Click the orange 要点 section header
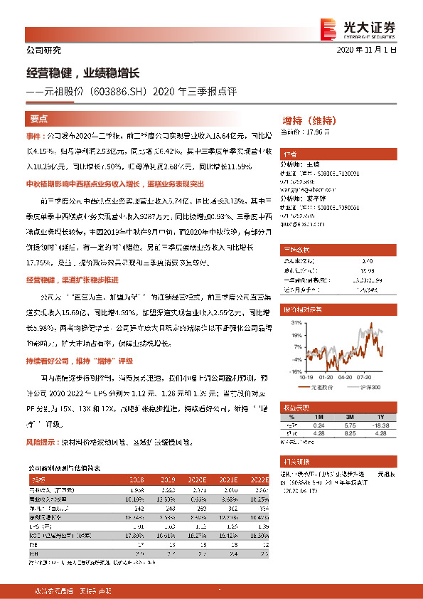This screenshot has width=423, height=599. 39,119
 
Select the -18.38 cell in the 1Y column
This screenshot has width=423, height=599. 380,424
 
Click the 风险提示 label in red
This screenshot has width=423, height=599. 43,442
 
